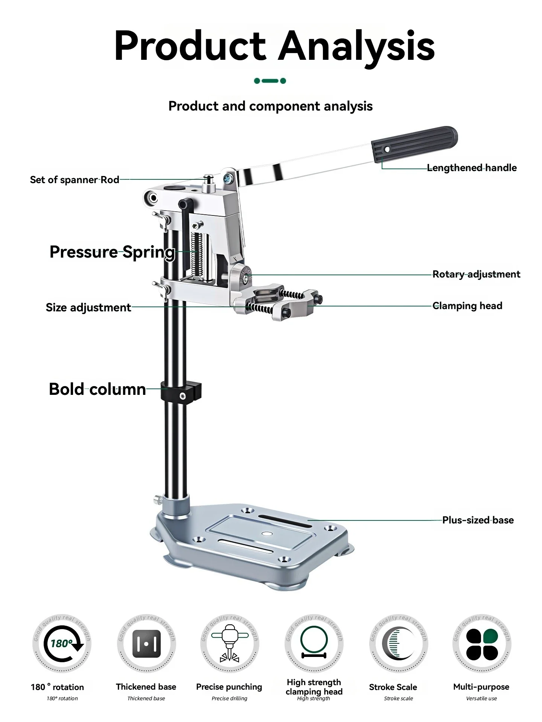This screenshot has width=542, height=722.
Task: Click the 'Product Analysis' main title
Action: coord(274,46)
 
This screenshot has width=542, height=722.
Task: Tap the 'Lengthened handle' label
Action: coord(472,168)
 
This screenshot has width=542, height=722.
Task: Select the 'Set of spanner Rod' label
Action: coord(75,180)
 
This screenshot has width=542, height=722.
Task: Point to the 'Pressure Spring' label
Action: coord(112,252)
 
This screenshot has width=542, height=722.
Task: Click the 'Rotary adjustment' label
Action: coord(476,274)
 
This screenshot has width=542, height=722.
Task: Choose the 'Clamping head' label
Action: coord(467,306)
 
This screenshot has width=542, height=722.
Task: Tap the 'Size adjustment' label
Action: coord(88,308)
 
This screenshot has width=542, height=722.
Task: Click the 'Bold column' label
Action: coord(97,389)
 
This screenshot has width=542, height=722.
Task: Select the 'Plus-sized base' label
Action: coord(478,520)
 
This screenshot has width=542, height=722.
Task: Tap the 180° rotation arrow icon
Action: coord(62,644)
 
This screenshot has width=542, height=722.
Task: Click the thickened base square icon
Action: coord(146,644)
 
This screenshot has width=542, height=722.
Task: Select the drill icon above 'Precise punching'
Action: coord(230,643)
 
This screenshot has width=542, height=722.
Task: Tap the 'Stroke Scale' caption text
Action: coord(393,687)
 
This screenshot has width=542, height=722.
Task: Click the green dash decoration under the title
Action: coord(270,81)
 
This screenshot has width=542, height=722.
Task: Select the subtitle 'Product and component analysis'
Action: coord(270,106)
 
